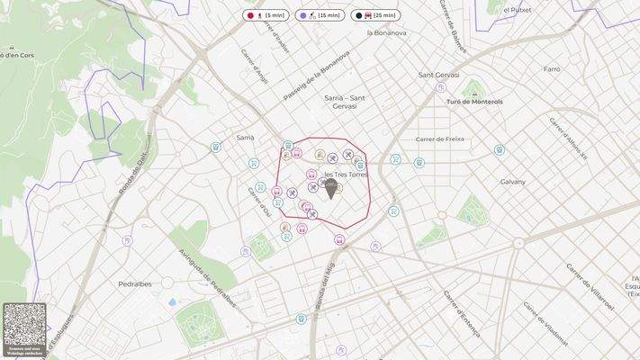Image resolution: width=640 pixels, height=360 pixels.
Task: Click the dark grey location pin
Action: pos(330,189)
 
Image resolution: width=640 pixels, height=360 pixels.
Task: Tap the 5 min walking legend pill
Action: pos(266,15)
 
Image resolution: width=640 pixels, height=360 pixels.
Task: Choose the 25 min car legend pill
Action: pos(374,15)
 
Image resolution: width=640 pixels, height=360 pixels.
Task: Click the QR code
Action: pos(24,323)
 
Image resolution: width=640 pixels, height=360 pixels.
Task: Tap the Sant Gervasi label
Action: pos(439,76)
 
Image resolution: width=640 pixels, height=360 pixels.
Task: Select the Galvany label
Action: pos(513,181)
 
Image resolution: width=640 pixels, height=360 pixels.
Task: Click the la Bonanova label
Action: pos(387,33)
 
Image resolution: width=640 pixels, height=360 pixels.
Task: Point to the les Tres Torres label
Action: pos(346,175)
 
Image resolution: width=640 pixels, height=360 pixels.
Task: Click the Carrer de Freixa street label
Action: pos(439,139)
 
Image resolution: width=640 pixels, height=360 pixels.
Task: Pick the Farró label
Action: pos(552,68)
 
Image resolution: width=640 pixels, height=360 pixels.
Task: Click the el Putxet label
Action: pos(518,9)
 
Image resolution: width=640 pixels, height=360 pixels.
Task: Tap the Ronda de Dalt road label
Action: pos(131,174)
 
